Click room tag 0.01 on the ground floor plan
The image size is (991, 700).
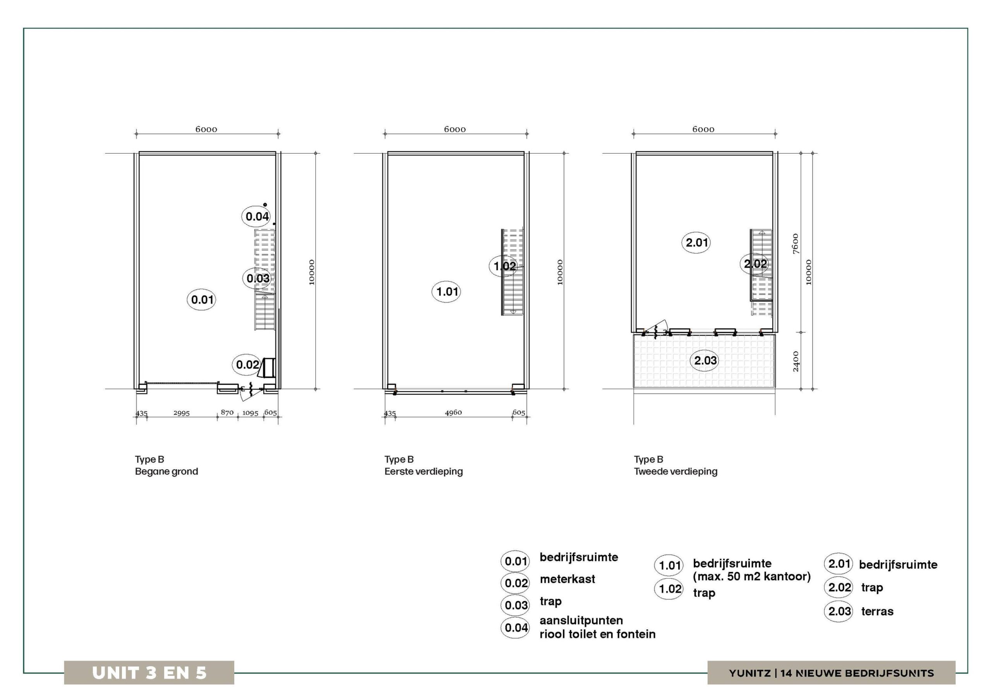click(x=202, y=300)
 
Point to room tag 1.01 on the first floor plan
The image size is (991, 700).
click(x=447, y=292)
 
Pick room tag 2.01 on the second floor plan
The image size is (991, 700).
click(x=697, y=242)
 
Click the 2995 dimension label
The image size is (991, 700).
click(x=181, y=413)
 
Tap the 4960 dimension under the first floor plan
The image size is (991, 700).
click(x=453, y=413)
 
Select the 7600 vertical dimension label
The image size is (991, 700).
click(x=796, y=244)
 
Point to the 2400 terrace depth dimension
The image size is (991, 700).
click(x=796, y=362)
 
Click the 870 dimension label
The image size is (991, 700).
click(x=227, y=413)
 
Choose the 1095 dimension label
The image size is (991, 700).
click(x=250, y=413)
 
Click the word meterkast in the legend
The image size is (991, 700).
click(x=567, y=579)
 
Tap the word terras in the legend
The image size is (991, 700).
click(x=877, y=611)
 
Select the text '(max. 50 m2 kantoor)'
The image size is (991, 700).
click(x=752, y=576)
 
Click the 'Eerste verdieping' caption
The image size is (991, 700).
click(x=423, y=471)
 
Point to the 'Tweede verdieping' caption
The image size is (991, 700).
click(x=676, y=471)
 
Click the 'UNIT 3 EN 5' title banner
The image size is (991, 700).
click(x=149, y=673)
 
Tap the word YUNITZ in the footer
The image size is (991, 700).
click(x=750, y=673)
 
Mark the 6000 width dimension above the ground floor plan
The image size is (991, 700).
click(x=206, y=130)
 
